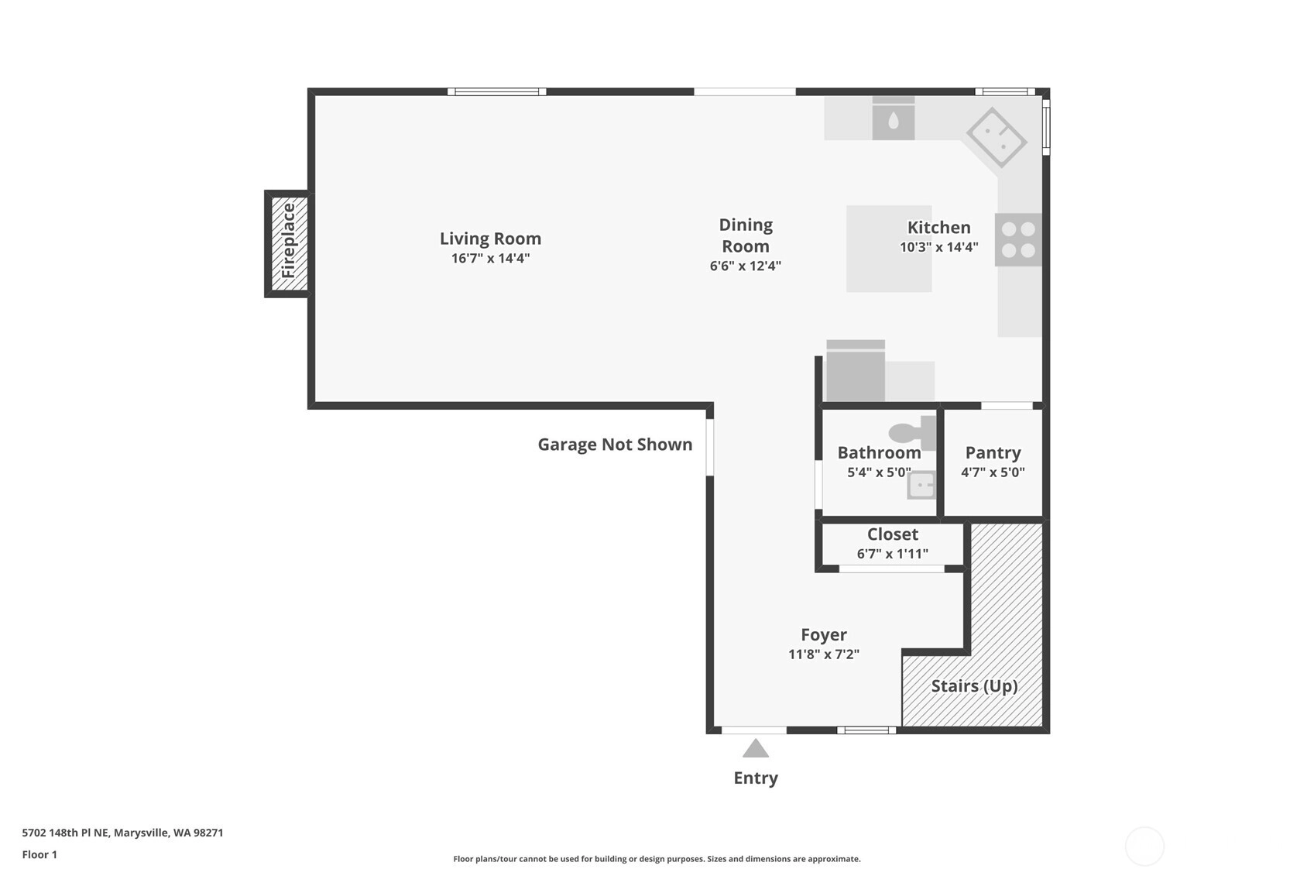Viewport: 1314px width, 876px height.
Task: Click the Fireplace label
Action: click(x=288, y=241)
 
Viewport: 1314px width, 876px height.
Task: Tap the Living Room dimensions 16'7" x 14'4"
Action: click(x=490, y=258)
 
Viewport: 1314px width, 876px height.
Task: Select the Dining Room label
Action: click(x=746, y=235)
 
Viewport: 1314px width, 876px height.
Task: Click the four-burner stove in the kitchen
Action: click(x=1018, y=239)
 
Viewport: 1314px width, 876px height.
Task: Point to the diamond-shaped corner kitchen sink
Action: click(x=996, y=137)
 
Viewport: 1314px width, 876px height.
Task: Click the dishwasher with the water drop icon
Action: click(x=894, y=118)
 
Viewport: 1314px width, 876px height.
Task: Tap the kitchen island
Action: click(x=889, y=248)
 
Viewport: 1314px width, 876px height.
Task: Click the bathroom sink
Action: click(x=921, y=485)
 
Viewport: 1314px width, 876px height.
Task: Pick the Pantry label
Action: click(x=993, y=452)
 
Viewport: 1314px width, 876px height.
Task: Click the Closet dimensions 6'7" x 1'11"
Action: click(x=892, y=553)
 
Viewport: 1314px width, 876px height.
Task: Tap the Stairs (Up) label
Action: click(x=974, y=686)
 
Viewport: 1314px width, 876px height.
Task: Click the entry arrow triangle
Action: click(x=756, y=749)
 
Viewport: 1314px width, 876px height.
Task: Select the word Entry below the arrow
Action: click(x=756, y=778)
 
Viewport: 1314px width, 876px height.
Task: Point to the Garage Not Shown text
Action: click(x=615, y=444)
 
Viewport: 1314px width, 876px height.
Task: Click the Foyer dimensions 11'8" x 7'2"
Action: click(x=824, y=654)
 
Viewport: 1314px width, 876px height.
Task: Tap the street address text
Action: click(x=122, y=833)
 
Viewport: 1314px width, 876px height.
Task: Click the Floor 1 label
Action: click(x=40, y=854)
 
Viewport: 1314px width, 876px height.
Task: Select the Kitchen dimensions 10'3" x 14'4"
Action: click(x=939, y=247)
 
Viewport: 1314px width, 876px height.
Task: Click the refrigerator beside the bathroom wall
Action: click(x=856, y=371)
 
